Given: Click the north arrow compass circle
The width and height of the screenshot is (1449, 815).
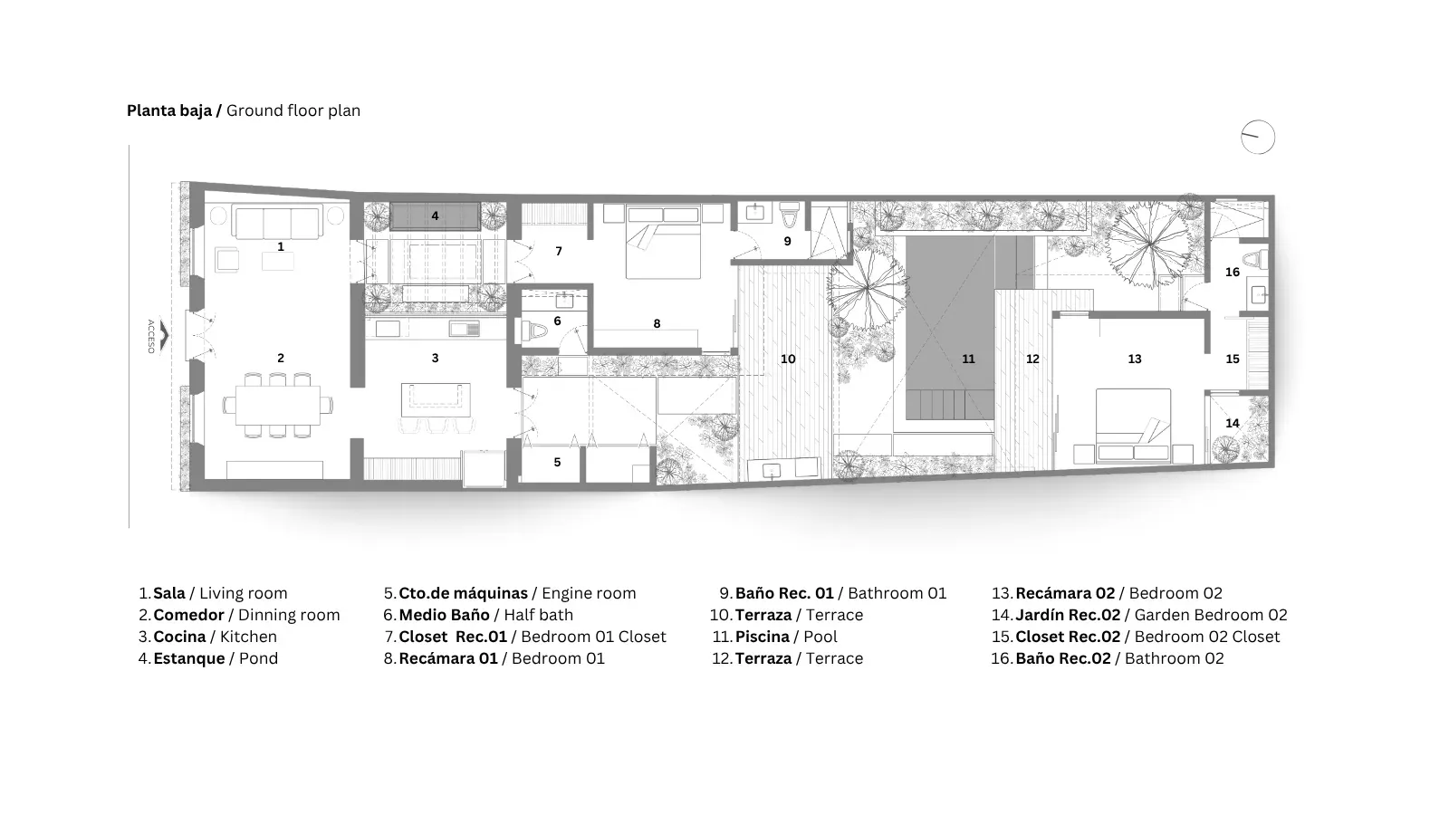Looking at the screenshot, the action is (x=1258, y=121).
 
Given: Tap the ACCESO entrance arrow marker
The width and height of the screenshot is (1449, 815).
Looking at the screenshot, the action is (x=164, y=336).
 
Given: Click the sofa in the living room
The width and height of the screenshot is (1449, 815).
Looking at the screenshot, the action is (x=277, y=223).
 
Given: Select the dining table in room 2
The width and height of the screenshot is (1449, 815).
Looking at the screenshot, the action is (x=277, y=405).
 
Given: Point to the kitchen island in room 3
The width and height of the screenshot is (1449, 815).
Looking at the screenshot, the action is (x=436, y=399).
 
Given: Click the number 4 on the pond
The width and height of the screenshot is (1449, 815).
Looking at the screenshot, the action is (x=435, y=216).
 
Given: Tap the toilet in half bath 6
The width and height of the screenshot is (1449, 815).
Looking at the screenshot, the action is (x=534, y=331).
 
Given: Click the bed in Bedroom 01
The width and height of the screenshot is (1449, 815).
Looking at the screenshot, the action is (x=663, y=242).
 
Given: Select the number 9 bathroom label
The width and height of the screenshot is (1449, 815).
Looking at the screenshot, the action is (x=787, y=241).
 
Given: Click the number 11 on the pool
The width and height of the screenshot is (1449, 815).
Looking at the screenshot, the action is (x=968, y=359).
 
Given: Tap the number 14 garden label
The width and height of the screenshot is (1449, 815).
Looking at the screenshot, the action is (x=1233, y=423).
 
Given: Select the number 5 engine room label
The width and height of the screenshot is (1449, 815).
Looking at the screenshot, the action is (x=557, y=463).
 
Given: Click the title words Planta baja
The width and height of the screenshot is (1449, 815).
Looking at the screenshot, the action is (x=169, y=111).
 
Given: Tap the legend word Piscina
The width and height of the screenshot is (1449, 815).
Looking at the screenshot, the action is (x=762, y=637).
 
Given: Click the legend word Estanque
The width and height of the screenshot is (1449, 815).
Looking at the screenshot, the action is (x=189, y=658).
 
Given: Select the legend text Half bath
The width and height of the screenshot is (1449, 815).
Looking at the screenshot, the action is (x=538, y=615).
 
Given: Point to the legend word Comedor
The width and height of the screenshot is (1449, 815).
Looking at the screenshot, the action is (x=188, y=615).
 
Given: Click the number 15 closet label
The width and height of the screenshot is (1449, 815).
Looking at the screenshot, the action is (x=1233, y=359).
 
